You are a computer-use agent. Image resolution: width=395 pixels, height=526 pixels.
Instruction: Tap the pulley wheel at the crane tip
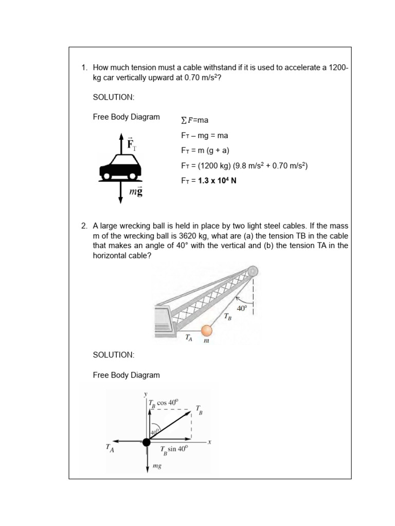[x=252, y=271]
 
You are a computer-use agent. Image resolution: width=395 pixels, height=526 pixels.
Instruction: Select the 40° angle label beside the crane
[x=242, y=308]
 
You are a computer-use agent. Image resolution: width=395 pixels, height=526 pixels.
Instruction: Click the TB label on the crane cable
[x=227, y=317]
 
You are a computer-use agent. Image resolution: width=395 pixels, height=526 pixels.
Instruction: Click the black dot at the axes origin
[x=147, y=442]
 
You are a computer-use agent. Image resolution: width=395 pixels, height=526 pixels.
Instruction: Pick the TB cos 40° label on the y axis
[x=163, y=403]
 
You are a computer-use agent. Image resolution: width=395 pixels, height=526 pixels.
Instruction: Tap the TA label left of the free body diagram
[x=110, y=447]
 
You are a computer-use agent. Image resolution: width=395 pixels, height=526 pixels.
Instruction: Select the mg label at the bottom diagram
[x=157, y=466]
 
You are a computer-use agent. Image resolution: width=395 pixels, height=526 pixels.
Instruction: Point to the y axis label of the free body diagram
[x=146, y=394]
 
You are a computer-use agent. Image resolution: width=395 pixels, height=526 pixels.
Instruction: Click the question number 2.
[x=84, y=226]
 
